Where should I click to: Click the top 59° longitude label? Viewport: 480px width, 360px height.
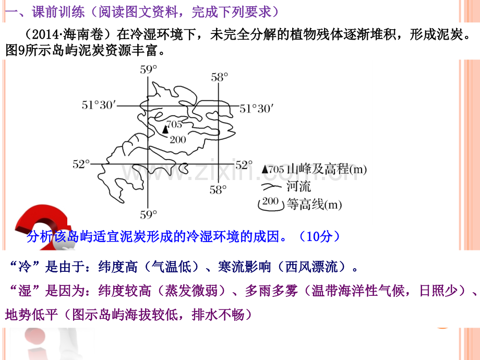tap(149, 69)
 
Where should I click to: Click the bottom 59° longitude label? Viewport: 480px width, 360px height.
tap(149, 214)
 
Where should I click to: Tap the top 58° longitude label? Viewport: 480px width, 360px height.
tap(220, 77)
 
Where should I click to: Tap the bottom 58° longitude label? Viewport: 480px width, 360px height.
tap(218, 190)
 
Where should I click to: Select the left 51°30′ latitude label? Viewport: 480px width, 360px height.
tap(99, 105)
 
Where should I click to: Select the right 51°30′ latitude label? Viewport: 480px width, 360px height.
tap(256, 109)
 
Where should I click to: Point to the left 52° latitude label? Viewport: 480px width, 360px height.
tap(81, 164)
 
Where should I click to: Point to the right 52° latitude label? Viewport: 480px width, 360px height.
tap(244, 165)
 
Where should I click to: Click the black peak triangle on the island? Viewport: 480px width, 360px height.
tap(165, 129)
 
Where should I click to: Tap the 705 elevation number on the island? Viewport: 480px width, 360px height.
tap(174, 124)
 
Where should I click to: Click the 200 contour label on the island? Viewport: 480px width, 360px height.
tap(178, 140)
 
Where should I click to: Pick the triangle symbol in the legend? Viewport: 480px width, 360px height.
tap(265, 169)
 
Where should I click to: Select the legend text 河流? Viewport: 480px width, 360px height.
tap(298, 186)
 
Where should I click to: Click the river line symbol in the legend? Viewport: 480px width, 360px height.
tap(271, 186)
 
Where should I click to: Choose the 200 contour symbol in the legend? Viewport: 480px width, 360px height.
tap(271, 204)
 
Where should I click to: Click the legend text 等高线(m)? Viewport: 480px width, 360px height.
tap(314, 205)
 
